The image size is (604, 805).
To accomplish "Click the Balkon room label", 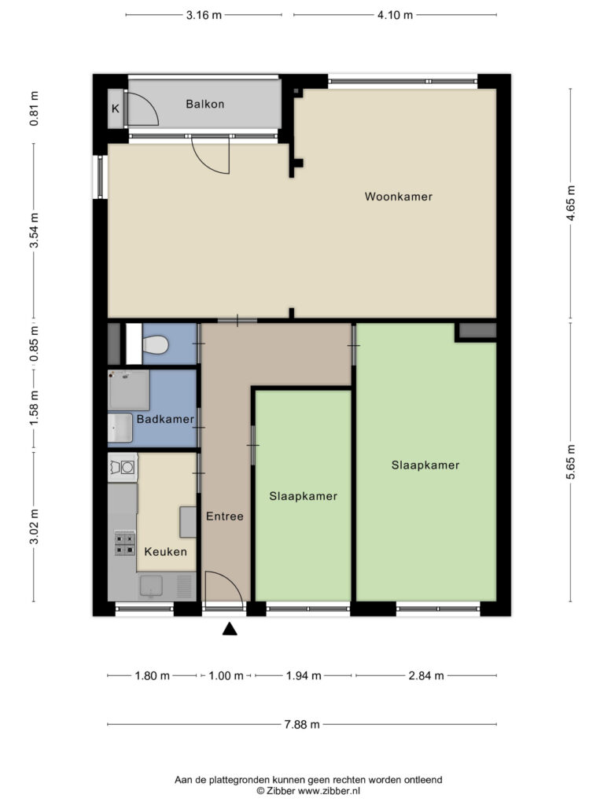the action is point(205,105).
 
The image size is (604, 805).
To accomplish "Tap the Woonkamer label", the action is point(399,197).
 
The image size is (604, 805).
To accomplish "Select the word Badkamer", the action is point(165,419).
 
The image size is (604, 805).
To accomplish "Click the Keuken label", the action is point(165,551).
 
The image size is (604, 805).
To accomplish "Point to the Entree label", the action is point(224,516).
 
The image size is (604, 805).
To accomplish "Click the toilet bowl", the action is point(156,345).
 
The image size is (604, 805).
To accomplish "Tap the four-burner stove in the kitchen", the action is point(125,543).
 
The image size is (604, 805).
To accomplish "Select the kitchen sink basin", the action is point(152,586).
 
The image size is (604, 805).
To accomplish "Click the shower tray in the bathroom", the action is point(128,390).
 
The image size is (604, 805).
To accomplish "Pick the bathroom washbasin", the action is point(120,428).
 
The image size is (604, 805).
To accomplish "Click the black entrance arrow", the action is point(230,629).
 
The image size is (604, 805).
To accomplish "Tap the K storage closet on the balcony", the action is point(116,108).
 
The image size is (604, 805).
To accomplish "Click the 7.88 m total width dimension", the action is point(302,724).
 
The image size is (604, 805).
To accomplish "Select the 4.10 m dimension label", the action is point(395,15).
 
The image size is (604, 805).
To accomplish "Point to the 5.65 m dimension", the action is point(571,462).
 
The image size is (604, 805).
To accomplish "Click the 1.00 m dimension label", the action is point(226,675).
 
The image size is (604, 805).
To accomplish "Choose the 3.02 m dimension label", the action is point(34,527).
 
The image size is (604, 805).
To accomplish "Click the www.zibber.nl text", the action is point(330,791).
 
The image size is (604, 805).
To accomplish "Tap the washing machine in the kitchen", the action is point(123,467).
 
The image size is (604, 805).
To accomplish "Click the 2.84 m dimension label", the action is point(425,675).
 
